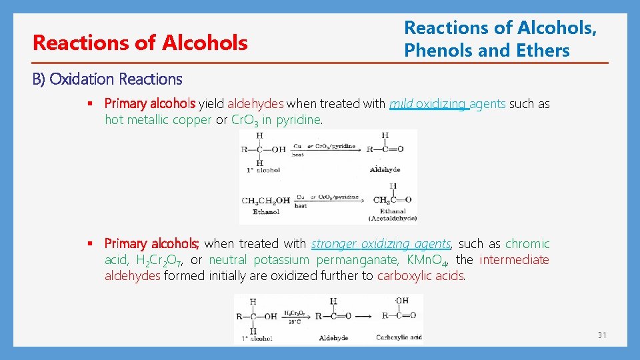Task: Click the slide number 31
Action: [602, 335]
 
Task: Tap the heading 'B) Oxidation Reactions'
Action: [107, 79]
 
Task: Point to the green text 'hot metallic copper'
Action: [157, 120]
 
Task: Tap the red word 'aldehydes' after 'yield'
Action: [255, 104]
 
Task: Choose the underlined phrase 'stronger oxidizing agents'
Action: [381, 244]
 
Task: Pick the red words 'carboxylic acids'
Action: [421, 276]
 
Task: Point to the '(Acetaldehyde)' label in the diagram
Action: [393, 219]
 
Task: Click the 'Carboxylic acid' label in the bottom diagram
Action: [399, 337]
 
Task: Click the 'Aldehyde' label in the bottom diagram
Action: [333, 338]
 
